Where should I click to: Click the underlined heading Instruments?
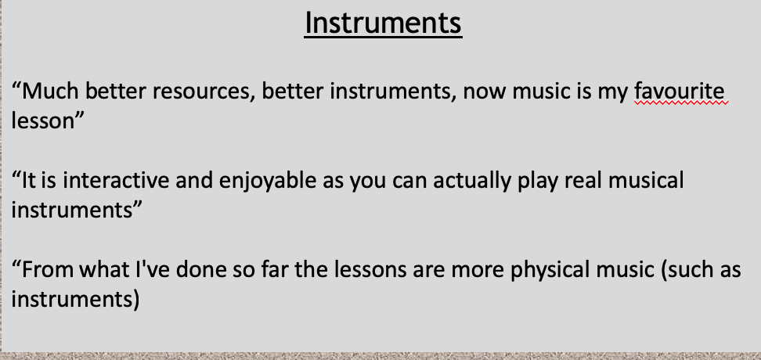click(x=384, y=23)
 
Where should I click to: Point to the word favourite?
click(x=680, y=92)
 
